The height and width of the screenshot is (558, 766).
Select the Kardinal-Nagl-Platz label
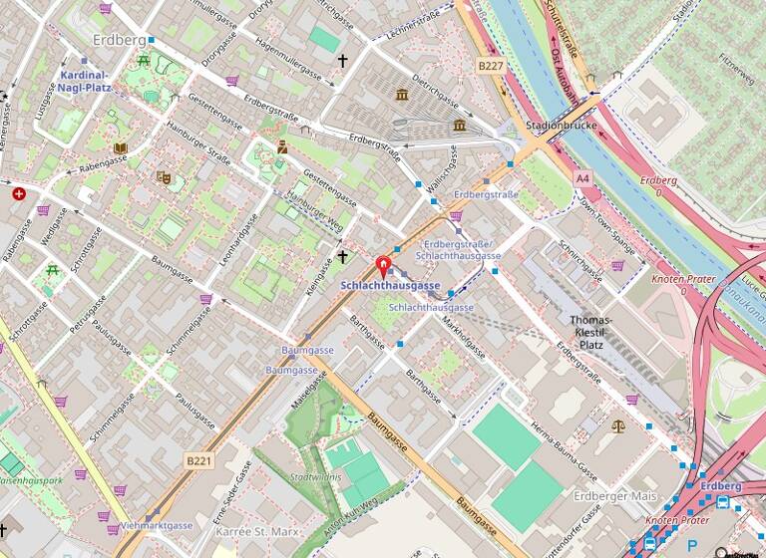(x=86, y=81)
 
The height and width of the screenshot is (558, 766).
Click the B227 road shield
(x=490, y=65)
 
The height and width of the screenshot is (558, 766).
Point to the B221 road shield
(x=199, y=460)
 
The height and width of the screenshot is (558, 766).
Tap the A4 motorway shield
(x=582, y=177)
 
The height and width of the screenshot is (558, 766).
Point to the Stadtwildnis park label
(x=316, y=477)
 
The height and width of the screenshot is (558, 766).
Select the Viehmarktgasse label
(x=156, y=524)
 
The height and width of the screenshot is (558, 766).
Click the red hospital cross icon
(x=18, y=193)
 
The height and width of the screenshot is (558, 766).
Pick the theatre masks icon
(x=164, y=177)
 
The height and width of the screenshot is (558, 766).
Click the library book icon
(x=120, y=148)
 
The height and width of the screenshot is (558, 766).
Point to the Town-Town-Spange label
(x=606, y=215)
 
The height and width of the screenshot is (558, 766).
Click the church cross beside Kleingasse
(x=342, y=257)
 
